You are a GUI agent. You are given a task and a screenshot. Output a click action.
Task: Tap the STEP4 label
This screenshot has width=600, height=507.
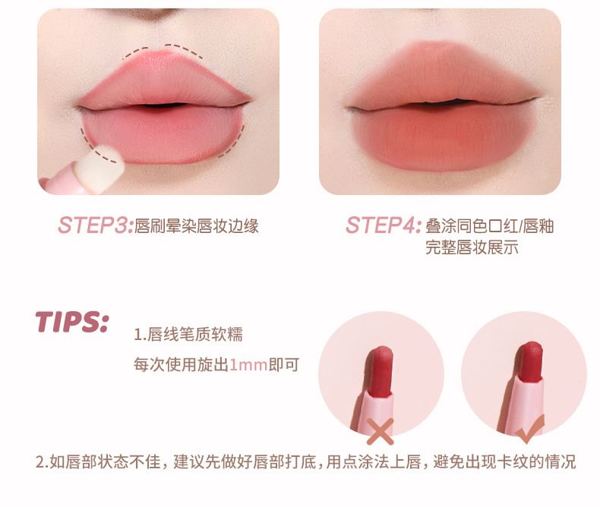[384, 225]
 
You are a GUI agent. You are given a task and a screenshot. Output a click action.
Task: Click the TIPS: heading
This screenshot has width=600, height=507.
[72, 322]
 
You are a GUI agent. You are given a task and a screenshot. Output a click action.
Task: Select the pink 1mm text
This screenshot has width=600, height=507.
[248, 365]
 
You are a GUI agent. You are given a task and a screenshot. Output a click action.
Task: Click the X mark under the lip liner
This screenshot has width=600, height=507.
[381, 431]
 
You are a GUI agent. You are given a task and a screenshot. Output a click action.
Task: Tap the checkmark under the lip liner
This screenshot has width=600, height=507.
[529, 430]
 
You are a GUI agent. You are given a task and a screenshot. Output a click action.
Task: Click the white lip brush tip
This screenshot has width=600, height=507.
[100, 165]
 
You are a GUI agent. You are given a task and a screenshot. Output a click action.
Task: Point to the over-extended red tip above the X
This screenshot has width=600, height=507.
[381, 372]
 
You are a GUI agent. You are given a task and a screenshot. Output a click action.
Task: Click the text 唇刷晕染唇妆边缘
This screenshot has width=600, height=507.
[197, 226]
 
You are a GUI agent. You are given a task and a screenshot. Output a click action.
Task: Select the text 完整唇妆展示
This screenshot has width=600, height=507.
[472, 247]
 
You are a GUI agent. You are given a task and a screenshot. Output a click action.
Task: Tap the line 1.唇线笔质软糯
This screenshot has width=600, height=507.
[188, 334]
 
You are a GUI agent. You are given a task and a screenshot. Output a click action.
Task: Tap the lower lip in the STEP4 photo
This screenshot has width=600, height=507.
[444, 136]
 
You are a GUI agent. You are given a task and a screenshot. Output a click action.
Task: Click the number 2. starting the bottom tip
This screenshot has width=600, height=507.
[42, 462]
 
